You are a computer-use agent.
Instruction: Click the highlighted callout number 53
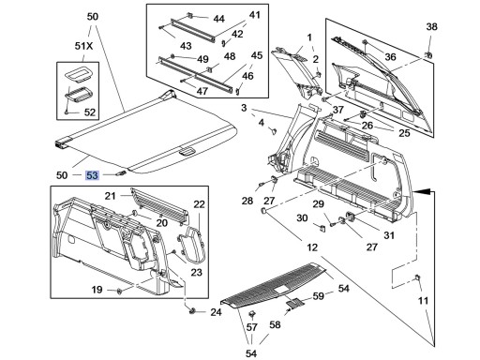point(92,175)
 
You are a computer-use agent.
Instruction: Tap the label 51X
point(83,46)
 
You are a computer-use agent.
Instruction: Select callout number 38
point(431,26)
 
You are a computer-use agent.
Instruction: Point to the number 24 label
point(216,312)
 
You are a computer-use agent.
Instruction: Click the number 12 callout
point(312,247)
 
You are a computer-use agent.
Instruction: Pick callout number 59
point(319,295)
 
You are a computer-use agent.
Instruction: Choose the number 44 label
point(218,19)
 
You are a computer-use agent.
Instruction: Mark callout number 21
point(110,196)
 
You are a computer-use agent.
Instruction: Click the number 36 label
point(390,57)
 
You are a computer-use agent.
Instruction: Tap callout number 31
point(389,235)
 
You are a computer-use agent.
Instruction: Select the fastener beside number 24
point(192,310)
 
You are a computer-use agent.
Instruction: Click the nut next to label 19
point(119,292)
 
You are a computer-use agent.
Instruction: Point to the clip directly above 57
point(251,314)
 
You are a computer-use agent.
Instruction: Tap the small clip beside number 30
point(322,227)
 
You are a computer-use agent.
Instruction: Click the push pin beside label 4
point(274,130)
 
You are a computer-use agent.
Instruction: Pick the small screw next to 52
point(67,112)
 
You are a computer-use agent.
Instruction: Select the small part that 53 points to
point(121,173)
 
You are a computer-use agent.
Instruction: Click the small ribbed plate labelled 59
point(294,302)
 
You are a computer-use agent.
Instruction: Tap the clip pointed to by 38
point(428,55)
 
